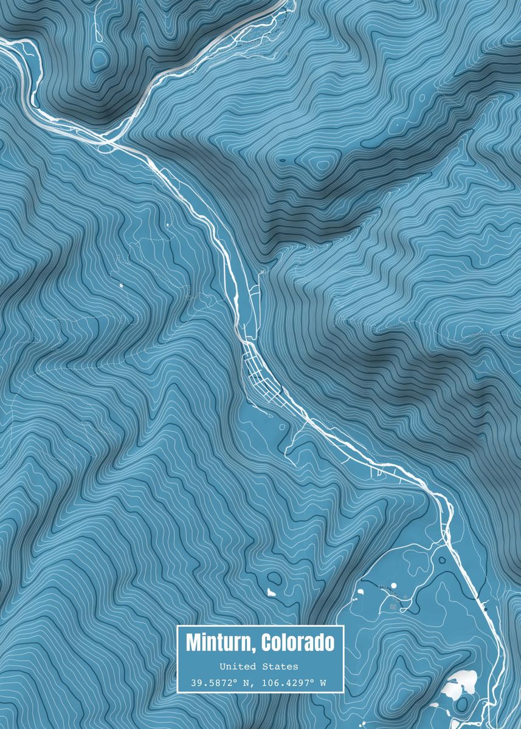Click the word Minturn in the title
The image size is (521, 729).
[219, 642]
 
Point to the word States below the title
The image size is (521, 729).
[281, 667]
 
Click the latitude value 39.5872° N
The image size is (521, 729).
[221, 683]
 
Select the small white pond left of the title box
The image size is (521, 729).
[272, 591]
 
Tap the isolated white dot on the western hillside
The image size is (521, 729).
[120, 284]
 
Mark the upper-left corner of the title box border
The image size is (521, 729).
[178, 626]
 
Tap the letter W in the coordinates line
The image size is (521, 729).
[323, 683]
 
